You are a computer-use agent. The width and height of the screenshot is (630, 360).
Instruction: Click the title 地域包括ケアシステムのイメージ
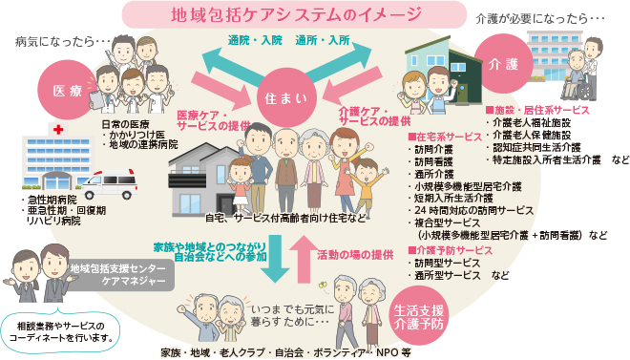(283, 15)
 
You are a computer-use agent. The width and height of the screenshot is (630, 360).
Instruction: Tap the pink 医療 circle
(68, 91)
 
